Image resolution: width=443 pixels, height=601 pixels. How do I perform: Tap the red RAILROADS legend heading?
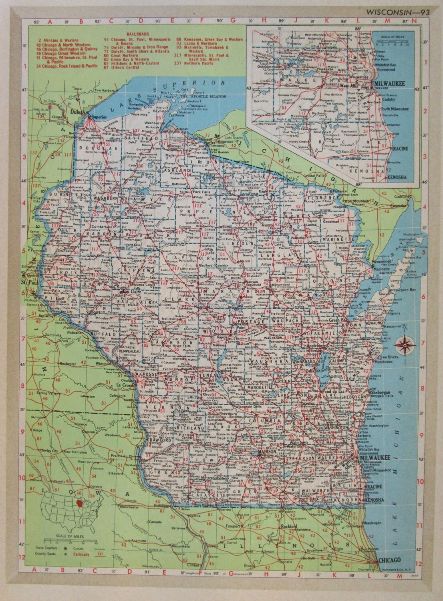(125, 35)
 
